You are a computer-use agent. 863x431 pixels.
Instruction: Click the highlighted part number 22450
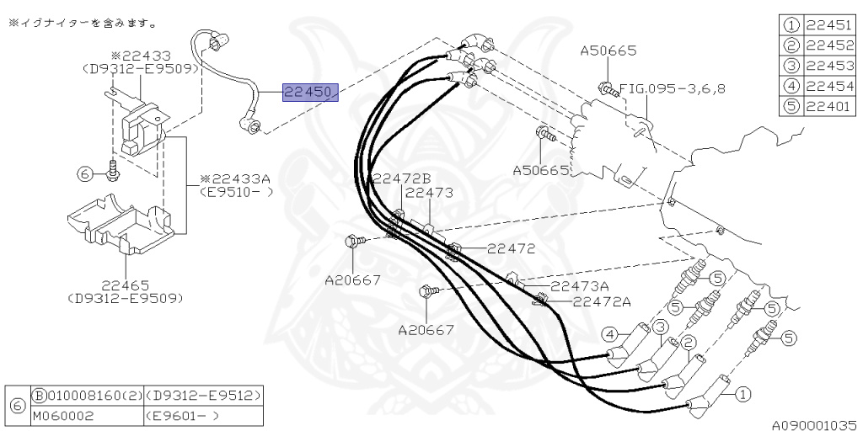(309, 92)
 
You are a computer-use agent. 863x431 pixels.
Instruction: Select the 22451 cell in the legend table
(829, 25)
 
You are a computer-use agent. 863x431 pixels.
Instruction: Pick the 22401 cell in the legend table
(829, 106)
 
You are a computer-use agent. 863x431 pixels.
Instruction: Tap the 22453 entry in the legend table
(829, 66)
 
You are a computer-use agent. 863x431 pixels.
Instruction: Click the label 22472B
(401, 178)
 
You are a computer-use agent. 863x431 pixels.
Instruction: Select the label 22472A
(602, 301)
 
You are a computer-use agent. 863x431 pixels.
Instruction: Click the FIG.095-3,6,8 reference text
(672, 87)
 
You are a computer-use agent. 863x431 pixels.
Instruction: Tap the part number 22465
(125, 285)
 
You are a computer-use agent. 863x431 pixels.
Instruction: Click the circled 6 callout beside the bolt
(83, 174)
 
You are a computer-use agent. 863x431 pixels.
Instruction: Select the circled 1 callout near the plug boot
(742, 392)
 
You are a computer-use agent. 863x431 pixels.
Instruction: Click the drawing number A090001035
(815, 425)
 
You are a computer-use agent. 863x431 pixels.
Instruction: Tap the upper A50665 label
(608, 51)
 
